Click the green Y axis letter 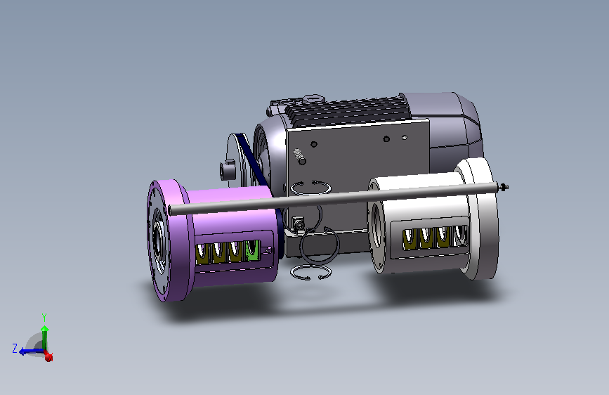click(x=44, y=318)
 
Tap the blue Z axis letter click(x=15, y=349)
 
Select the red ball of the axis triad click(x=48, y=357)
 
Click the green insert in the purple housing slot click(x=252, y=250)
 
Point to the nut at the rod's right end click(x=504, y=188)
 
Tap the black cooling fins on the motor click(x=348, y=111)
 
